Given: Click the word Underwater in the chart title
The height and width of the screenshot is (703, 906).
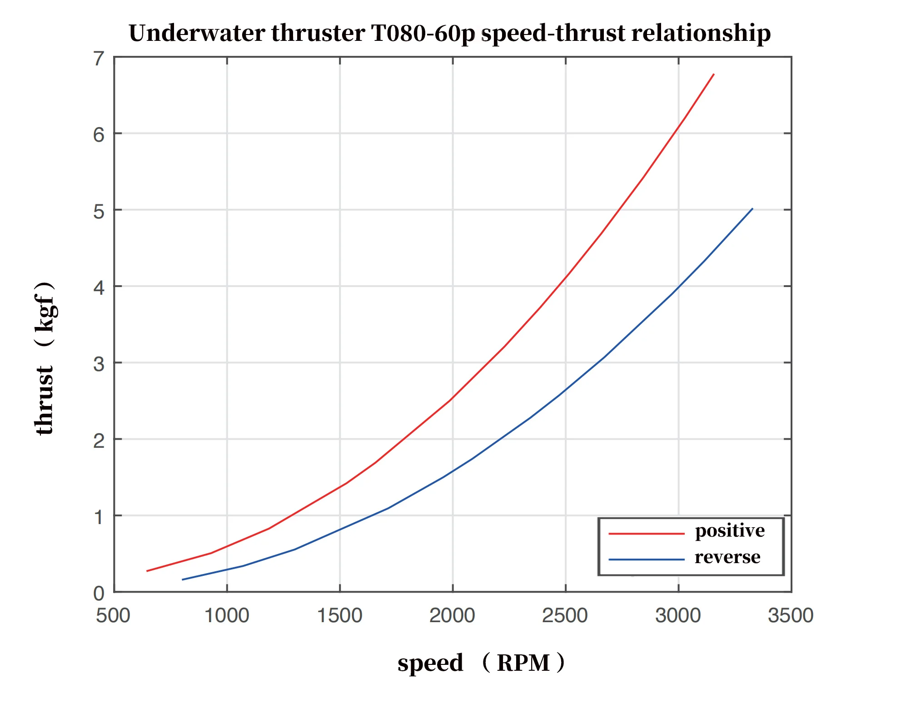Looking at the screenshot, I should click(x=197, y=33).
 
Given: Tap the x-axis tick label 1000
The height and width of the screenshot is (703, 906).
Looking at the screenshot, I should click(x=227, y=616).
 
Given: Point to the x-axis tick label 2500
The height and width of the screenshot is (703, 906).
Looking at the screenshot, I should click(x=565, y=616).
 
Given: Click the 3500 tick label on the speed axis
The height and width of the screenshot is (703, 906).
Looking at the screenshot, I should click(x=790, y=616).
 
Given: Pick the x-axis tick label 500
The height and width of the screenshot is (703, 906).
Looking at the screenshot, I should click(x=113, y=616).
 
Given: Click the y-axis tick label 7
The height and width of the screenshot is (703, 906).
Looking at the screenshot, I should click(x=99, y=59).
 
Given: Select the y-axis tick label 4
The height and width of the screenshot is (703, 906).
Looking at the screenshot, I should click(x=99, y=288).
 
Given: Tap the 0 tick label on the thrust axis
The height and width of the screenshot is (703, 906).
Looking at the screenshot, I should click(x=99, y=594).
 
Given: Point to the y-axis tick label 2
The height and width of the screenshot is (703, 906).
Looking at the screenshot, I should click(x=99, y=441).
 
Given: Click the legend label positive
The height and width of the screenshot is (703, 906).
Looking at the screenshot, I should click(x=730, y=531).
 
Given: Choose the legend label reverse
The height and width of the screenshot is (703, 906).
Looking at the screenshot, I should click(x=727, y=557).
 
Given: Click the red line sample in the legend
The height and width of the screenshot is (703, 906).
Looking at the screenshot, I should click(x=646, y=534).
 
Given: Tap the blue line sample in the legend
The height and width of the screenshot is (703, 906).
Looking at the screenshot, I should click(x=646, y=560).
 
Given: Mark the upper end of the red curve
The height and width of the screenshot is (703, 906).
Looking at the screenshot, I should click(x=714, y=74).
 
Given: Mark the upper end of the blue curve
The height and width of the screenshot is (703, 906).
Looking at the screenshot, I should click(x=752, y=209).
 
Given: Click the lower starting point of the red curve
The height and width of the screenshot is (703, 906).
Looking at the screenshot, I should click(x=147, y=571).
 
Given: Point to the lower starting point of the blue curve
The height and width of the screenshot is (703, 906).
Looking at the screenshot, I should click(x=182, y=579).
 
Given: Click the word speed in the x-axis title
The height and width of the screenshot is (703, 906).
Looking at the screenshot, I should click(x=430, y=663).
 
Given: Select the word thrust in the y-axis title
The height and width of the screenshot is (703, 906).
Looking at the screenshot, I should click(x=45, y=401).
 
